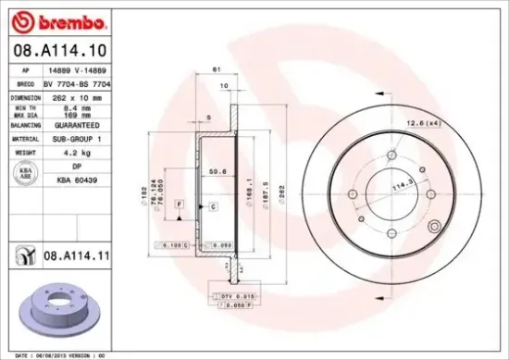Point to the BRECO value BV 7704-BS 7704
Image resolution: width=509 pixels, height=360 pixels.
point(81,82)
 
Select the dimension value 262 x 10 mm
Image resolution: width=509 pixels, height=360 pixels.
point(72,96)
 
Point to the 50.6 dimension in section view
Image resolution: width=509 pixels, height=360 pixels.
point(219,171)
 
